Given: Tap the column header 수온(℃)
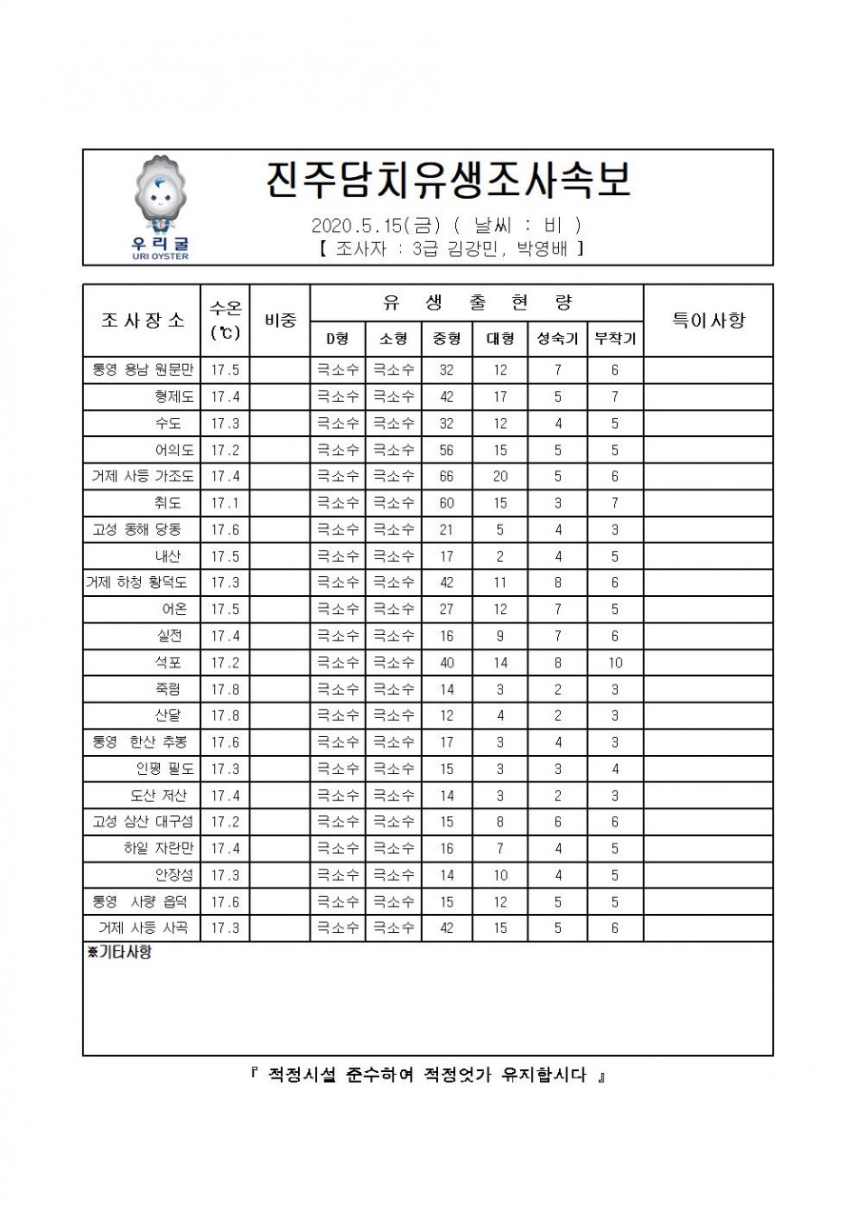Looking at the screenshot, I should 225,320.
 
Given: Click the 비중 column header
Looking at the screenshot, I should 280,321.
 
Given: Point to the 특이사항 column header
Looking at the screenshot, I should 708,320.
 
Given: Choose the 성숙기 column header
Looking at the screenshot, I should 558,338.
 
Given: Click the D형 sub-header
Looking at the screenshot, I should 338,338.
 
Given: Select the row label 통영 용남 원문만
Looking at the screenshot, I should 143,370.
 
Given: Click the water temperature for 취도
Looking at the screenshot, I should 225,503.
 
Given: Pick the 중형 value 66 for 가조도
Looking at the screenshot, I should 444,476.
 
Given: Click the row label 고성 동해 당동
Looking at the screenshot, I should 143,529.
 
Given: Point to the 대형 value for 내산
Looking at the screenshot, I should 501,556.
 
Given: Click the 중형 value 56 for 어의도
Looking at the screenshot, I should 444,449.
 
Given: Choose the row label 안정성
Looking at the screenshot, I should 173,875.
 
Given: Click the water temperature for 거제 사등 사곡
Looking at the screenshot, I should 225,928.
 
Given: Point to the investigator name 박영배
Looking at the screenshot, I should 546,249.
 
